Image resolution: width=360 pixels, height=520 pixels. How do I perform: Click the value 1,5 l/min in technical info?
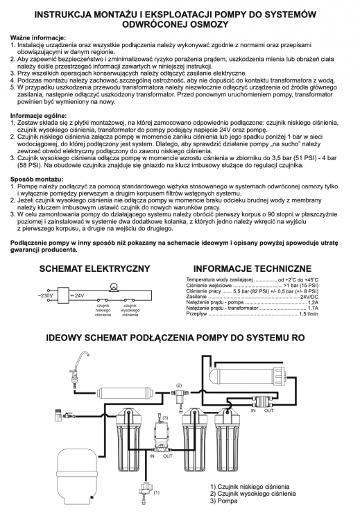308,314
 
